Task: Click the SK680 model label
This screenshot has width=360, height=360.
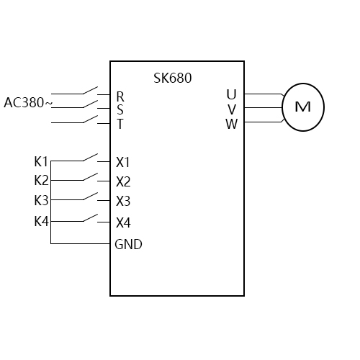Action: [x=173, y=78]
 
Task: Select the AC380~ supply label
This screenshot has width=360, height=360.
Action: [x=28, y=103]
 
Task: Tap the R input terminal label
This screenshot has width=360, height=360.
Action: [x=120, y=96]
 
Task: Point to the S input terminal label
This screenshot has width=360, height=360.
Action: [x=120, y=109]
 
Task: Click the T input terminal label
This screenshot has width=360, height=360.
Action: [x=120, y=124]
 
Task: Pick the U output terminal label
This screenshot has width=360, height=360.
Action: [x=231, y=94]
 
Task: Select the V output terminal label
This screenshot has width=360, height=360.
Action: [x=231, y=109]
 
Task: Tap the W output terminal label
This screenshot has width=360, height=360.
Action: [x=231, y=124]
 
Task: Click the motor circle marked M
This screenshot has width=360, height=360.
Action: [x=302, y=107]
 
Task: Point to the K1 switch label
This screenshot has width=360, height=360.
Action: [x=41, y=161]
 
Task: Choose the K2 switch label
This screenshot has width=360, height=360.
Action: [x=41, y=180]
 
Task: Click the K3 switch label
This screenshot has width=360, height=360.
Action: [x=41, y=200]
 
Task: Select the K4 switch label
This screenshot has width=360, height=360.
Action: [x=41, y=221]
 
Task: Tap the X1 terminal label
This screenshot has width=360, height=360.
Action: [x=123, y=162]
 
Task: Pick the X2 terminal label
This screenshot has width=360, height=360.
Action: [x=123, y=181]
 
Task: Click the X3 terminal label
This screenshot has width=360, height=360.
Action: [x=123, y=201]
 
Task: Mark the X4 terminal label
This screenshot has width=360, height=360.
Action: [x=123, y=222]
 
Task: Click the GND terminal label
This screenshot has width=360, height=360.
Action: [x=128, y=244]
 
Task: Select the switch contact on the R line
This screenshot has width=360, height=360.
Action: [x=91, y=91]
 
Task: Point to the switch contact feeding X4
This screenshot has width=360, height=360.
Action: [x=91, y=217]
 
